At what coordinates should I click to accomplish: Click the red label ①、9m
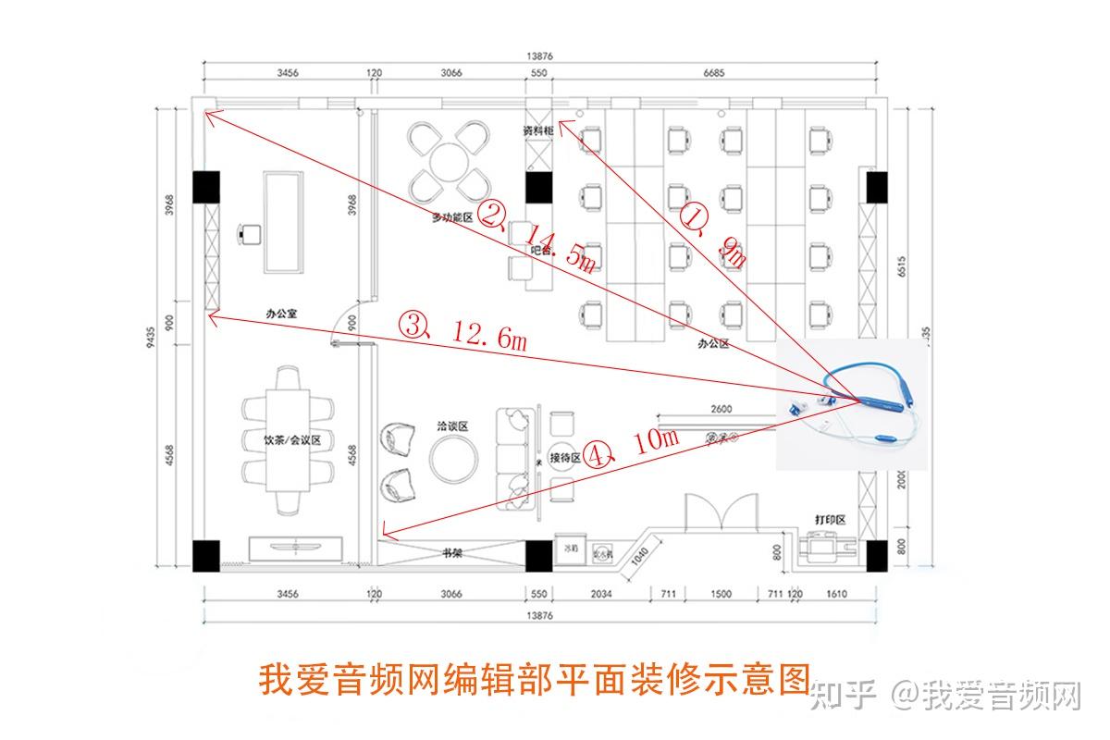[x=713, y=235]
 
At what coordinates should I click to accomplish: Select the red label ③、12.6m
[x=462, y=331]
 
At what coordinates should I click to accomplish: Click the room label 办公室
[x=281, y=314]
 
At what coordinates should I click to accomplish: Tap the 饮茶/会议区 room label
[x=292, y=441]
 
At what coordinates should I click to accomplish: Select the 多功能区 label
[x=452, y=218]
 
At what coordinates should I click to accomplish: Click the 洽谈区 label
[x=452, y=426]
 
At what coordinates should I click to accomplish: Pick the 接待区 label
[x=564, y=458]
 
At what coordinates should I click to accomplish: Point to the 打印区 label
[x=830, y=520]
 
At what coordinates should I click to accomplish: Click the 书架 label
[x=452, y=553]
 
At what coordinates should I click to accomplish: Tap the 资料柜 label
[x=538, y=130]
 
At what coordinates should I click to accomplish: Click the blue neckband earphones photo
[x=851, y=403]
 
